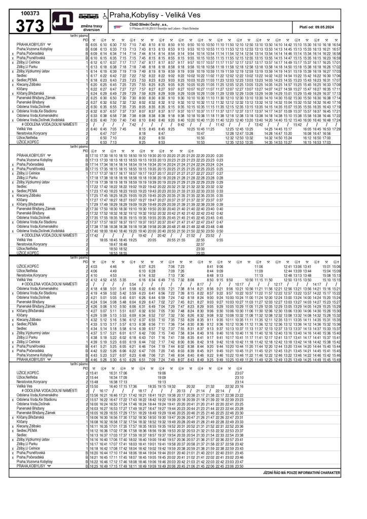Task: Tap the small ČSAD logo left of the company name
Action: (118, 26)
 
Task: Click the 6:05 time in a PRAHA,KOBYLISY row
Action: (94, 45)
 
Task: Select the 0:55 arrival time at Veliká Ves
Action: (219, 240)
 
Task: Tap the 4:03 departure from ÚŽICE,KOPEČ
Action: (94, 267)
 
